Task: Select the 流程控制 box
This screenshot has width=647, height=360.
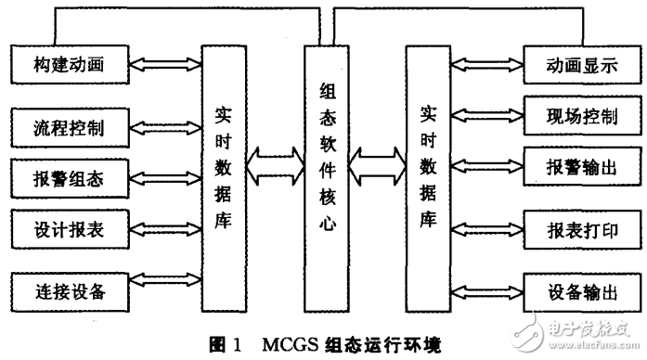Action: click(x=69, y=127)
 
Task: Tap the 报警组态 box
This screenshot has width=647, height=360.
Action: click(x=69, y=176)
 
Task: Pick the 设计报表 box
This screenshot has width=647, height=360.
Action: click(x=69, y=226)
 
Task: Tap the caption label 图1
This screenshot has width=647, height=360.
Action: click(x=226, y=344)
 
